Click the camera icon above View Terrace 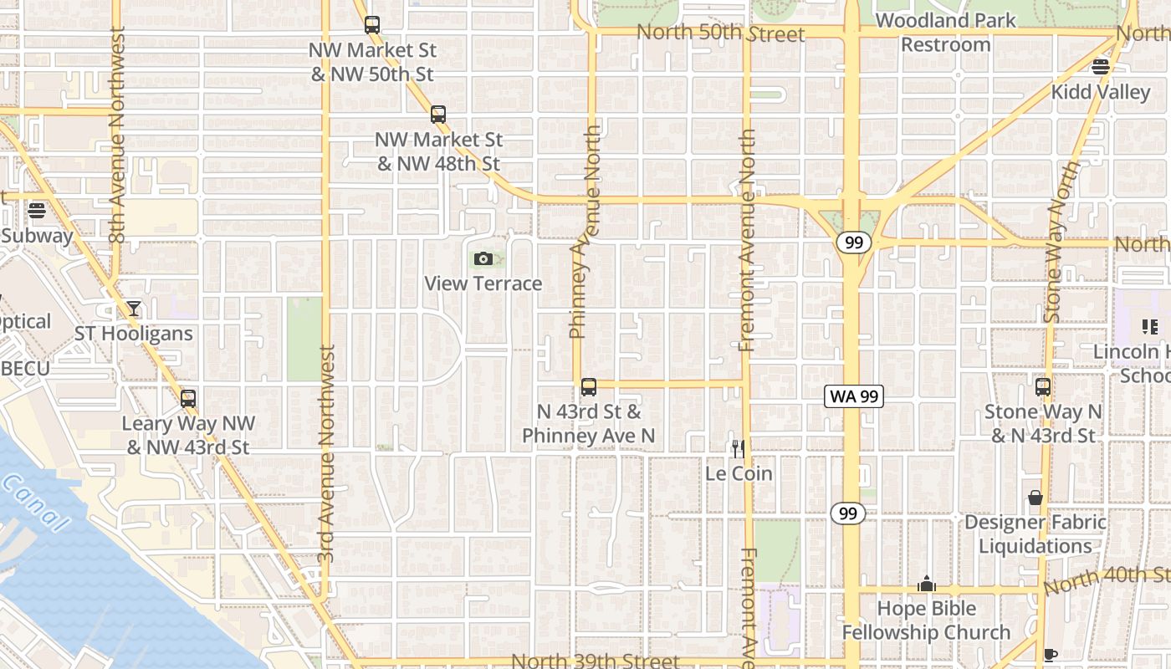[483, 259]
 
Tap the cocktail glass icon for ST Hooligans [133, 309]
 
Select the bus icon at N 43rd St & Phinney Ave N [589, 387]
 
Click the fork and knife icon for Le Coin [739, 449]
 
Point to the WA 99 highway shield [854, 396]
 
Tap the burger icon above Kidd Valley [1101, 67]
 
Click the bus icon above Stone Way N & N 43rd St [1043, 387]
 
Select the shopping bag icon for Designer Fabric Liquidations [1035, 498]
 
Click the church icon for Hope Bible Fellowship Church [927, 584]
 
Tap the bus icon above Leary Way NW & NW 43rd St [188, 399]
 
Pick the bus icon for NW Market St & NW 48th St [438, 115]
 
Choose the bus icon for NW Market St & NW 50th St [372, 25]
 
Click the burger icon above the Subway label [37, 210]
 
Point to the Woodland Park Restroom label [946, 32]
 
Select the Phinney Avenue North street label [585, 232]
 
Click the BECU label [25, 368]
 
